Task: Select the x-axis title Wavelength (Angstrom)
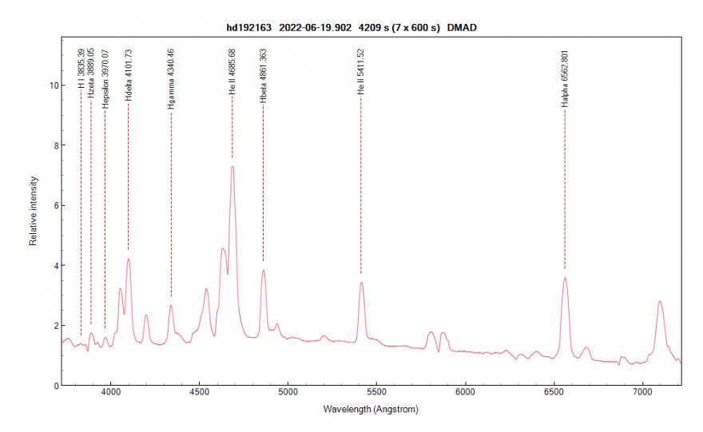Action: coord(370,409)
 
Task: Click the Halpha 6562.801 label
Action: coord(565,78)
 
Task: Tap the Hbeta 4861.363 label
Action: coord(263,75)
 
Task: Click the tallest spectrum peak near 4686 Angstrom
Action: coord(232,166)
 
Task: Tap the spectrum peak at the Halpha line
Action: coord(565,278)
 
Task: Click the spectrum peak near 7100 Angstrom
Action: coord(660,301)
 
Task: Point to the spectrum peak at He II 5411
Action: coord(361,282)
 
